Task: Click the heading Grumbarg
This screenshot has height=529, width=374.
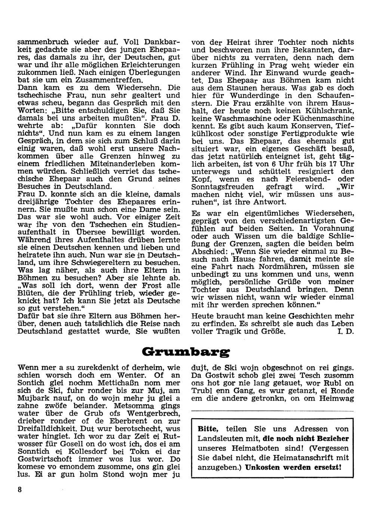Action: click(x=186, y=352)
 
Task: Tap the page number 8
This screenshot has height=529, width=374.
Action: click(x=19, y=491)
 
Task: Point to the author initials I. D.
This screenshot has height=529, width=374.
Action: click(x=346, y=332)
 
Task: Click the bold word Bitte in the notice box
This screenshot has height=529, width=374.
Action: click(x=208, y=429)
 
